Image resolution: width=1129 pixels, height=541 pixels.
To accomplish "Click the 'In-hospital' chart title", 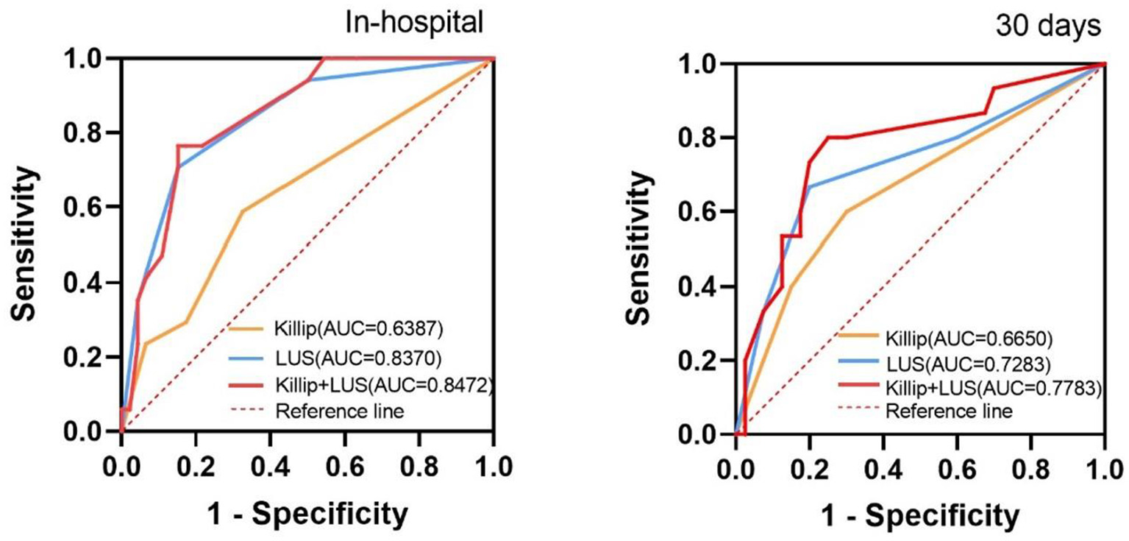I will click(x=415, y=23).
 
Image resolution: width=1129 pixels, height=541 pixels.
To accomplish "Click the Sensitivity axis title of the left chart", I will click(x=25, y=243).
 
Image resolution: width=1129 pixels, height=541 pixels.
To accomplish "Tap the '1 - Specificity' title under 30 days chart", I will click(x=920, y=515).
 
